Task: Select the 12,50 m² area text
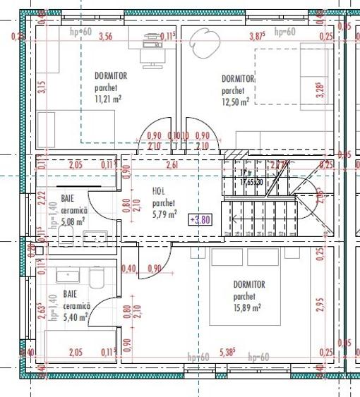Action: (235, 102)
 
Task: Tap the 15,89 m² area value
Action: (248, 307)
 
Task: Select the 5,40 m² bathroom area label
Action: (76, 317)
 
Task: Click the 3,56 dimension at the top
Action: (106, 36)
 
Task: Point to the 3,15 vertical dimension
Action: (41, 88)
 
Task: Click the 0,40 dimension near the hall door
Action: (128, 269)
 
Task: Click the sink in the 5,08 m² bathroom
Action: (98, 235)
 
